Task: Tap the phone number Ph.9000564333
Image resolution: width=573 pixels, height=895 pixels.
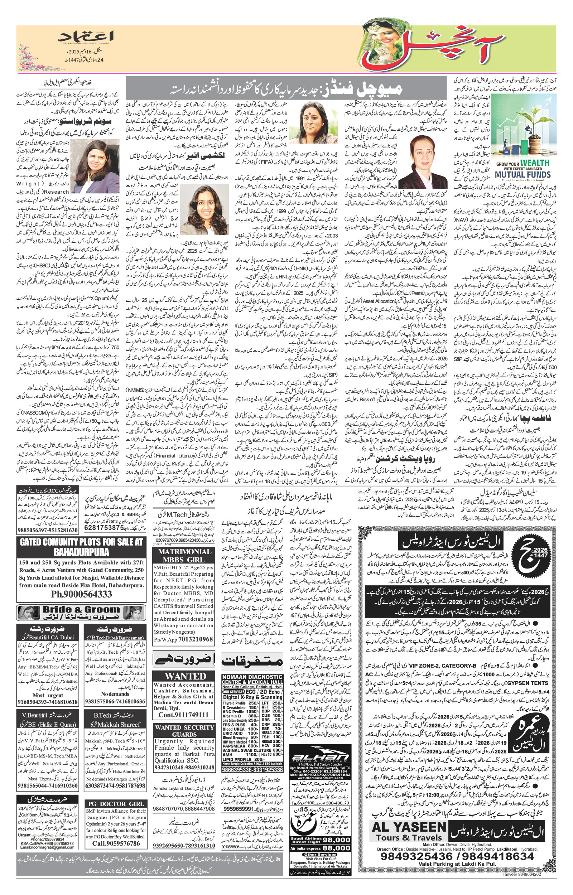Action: (x=81, y=594)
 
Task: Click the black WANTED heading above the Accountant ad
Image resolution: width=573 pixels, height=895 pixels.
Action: (x=185, y=676)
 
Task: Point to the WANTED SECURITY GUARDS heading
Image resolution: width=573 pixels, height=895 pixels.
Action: (x=184, y=731)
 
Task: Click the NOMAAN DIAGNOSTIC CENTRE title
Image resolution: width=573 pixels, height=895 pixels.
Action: (x=252, y=679)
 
